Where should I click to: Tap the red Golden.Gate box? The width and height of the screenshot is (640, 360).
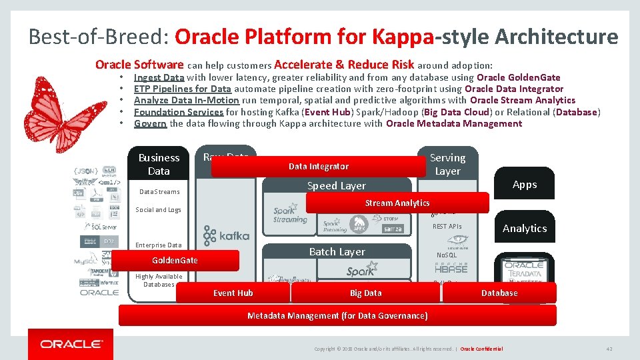click(175, 260)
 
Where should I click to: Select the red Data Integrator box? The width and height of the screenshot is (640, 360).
click(318, 166)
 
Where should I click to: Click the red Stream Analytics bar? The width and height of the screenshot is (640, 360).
click(397, 203)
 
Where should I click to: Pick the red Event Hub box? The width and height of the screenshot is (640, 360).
click(233, 293)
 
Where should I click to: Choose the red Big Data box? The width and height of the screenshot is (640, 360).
click(365, 293)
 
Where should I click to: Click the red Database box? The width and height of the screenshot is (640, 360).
click(499, 293)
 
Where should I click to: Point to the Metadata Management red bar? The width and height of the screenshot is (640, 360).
click(337, 315)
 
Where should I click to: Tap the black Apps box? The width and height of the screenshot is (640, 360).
click(524, 185)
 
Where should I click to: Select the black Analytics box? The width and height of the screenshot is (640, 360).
click(524, 228)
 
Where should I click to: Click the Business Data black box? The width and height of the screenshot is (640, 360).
click(159, 164)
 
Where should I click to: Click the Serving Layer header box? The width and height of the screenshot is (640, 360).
click(447, 164)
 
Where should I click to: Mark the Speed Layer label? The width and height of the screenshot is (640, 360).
click(336, 186)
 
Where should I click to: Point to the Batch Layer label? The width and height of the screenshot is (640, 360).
click(337, 251)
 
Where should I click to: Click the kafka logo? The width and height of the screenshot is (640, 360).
click(227, 235)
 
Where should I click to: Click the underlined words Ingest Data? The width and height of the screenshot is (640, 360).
click(159, 77)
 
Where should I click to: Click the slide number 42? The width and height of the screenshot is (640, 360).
click(609, 349)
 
